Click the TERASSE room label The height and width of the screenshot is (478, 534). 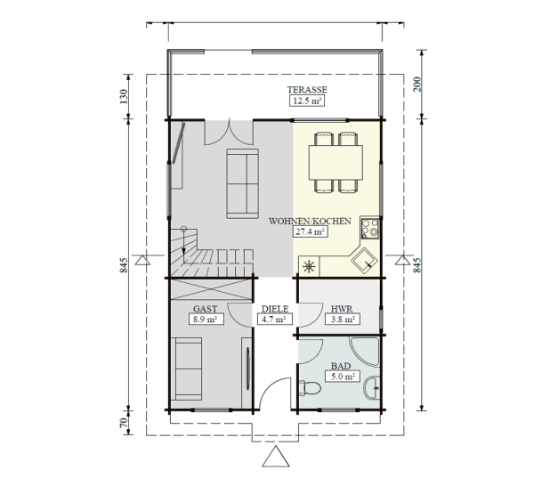307,90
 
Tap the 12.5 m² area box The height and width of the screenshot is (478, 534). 307,101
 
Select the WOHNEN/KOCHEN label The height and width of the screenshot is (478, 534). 310,221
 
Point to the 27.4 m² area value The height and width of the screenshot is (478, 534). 311,232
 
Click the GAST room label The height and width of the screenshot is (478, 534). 205,309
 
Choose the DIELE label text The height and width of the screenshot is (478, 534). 275,309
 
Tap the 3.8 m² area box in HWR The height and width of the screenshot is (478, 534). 343,320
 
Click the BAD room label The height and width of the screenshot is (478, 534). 341,366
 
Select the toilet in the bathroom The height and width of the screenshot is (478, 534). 309,388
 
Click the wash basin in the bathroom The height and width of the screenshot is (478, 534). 372,387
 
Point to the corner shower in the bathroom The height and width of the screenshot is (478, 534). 365,352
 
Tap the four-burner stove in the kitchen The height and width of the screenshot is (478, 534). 370,228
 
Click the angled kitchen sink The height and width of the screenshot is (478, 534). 364,261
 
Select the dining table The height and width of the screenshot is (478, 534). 336,163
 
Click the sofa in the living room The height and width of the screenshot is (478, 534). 242,183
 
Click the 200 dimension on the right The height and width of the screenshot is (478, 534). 417,85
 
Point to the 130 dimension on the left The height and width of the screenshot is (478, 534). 124,96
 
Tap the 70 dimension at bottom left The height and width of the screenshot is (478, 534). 124,423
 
